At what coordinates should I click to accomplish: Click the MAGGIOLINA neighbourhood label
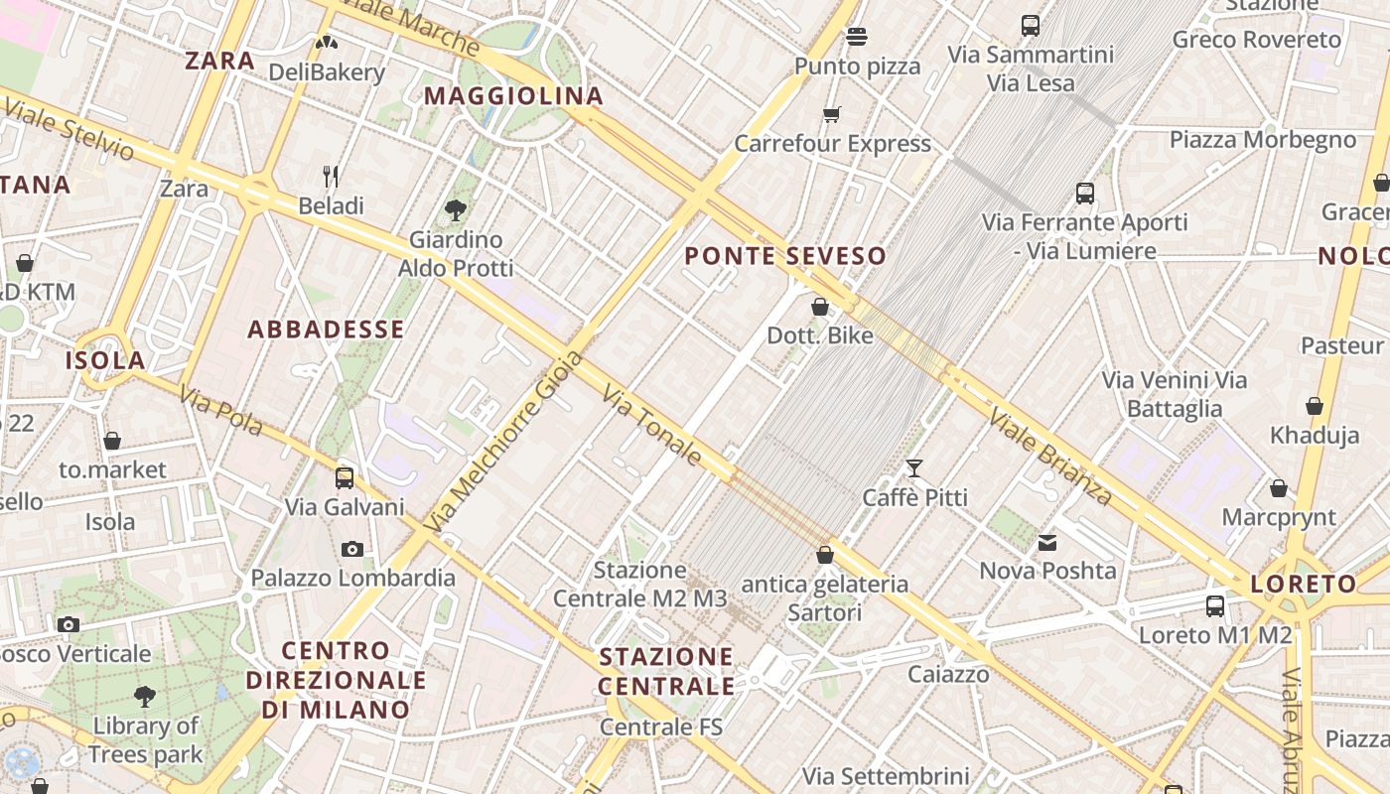point(513,96)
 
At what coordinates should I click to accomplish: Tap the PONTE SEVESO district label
point(784,256)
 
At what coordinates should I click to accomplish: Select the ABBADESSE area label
point(326,330)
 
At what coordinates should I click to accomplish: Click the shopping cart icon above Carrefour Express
point(832,114)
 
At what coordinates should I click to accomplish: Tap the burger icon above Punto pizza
point(857,37)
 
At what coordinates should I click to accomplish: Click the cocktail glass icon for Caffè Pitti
point(914,467)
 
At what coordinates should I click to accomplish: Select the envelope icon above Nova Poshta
point(1047,542)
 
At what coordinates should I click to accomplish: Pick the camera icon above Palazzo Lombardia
point(351,549)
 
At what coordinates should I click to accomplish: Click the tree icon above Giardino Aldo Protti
point(456,209)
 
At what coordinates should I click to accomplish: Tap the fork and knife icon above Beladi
point(331,177)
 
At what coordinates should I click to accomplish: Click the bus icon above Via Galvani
point(345,477)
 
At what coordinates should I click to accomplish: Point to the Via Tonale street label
point(652,424)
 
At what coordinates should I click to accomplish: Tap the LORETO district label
point(1303,584)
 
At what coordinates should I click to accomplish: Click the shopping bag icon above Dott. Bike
point(820,307)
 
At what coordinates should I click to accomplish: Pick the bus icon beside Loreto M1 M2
point(1215,605)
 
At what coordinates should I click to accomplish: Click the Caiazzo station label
point(948,675)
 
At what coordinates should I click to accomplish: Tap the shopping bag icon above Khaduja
point(1315,406)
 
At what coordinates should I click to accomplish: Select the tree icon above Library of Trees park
point(145,696)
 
